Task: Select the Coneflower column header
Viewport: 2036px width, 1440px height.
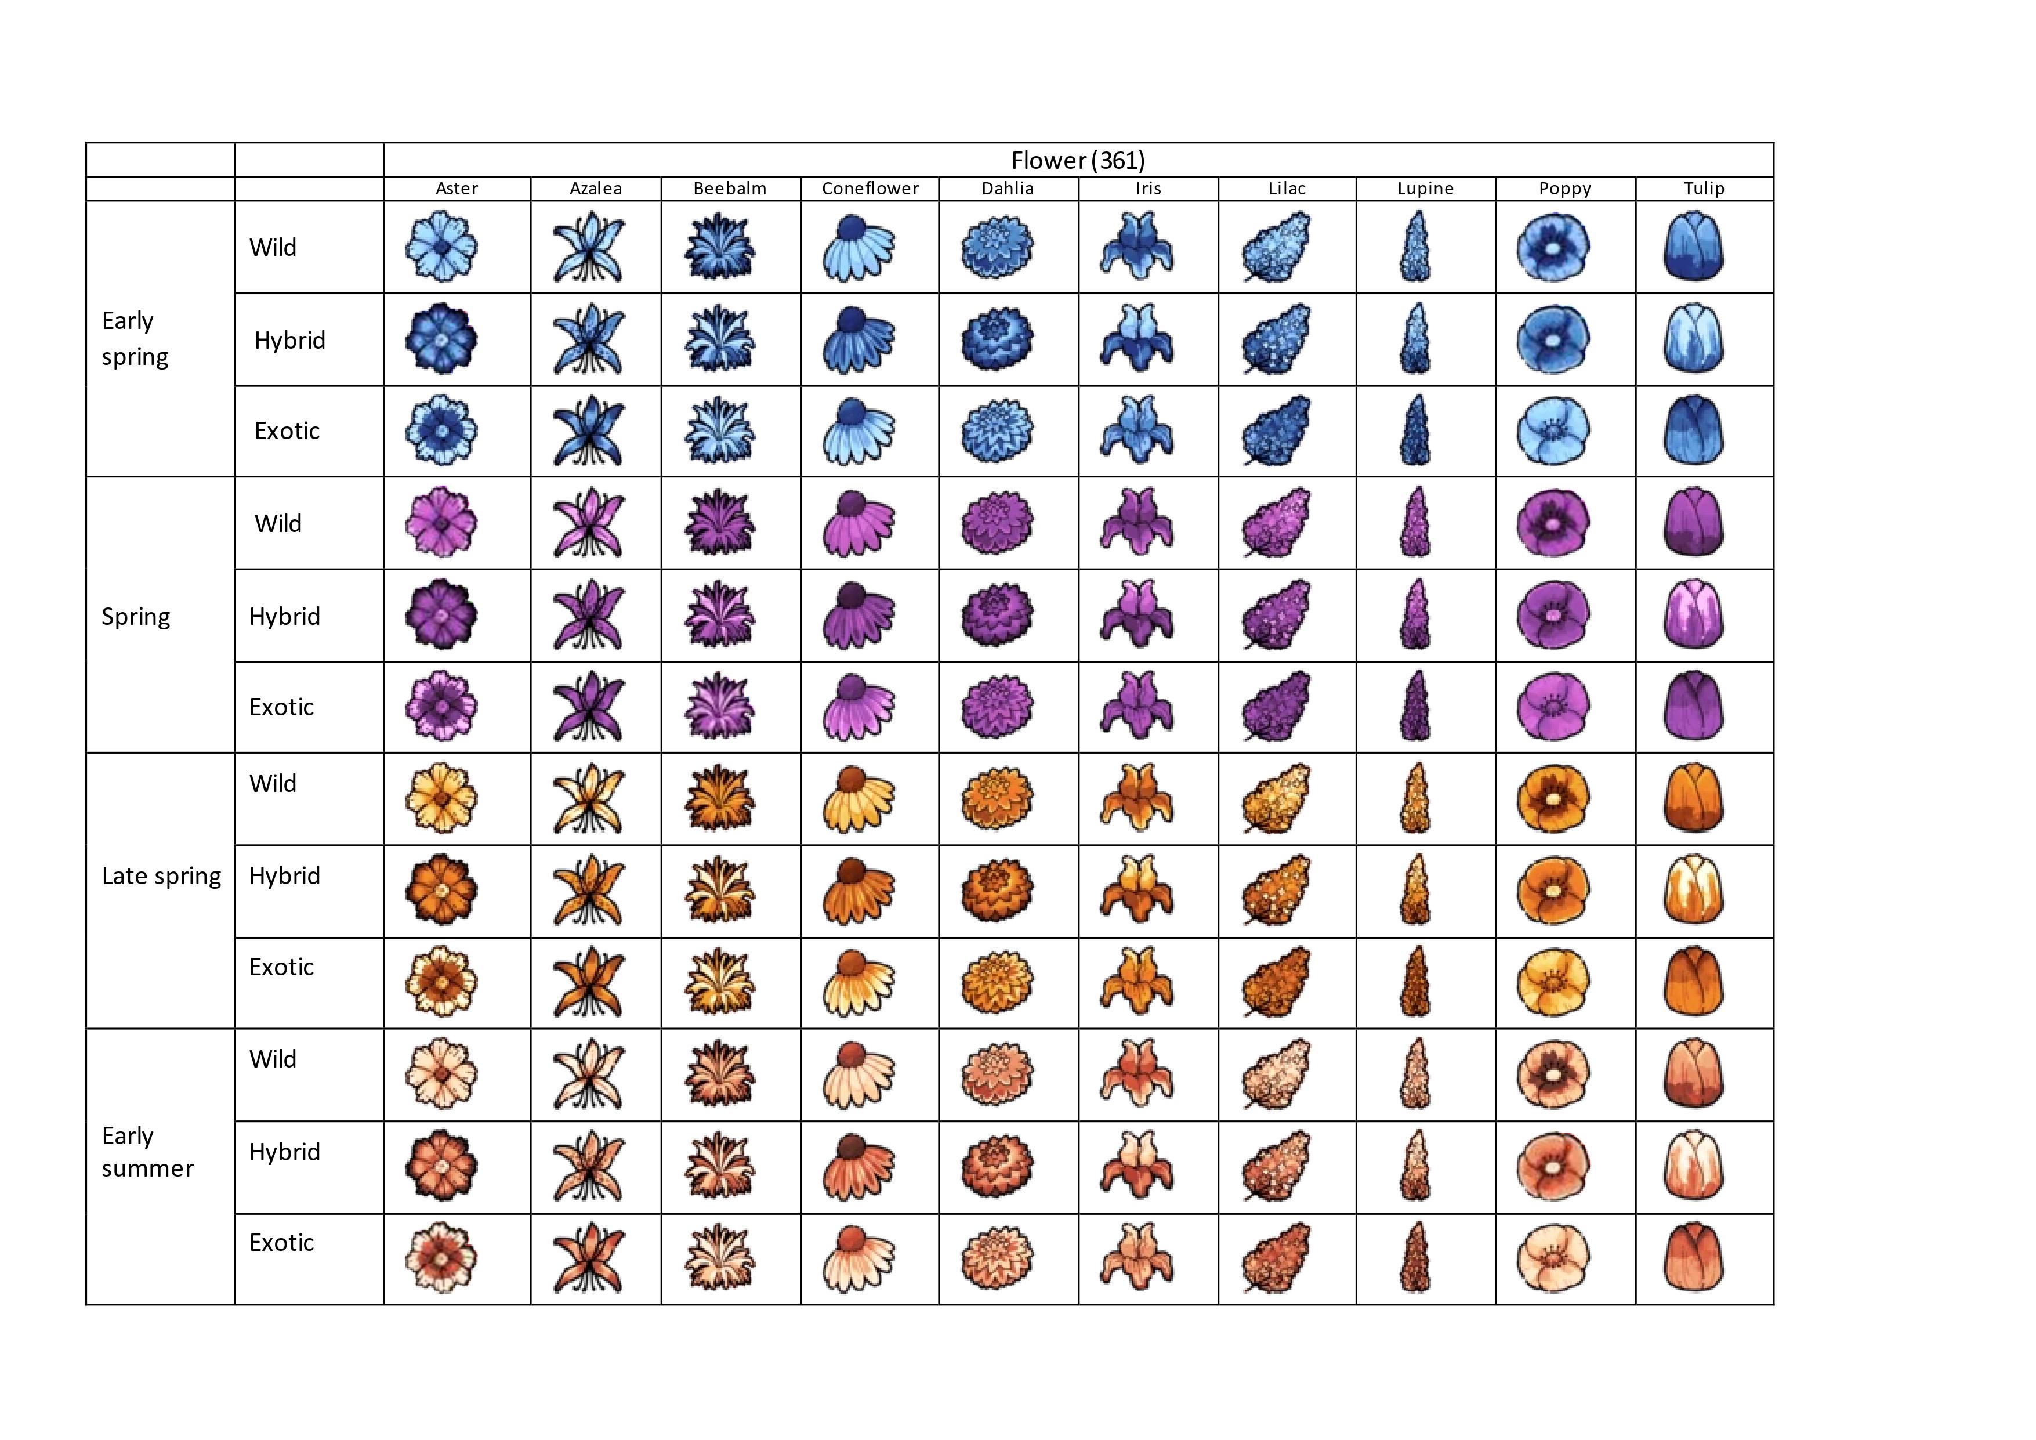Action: click(x=870, y=189)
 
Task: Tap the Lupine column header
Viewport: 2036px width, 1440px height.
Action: click(x=1425, y=189)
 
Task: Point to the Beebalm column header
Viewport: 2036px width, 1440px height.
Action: click(x=730, y=189)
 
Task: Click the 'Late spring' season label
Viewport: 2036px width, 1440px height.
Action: click(x=161, y=876)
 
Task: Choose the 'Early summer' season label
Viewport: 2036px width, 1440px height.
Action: click(x=147, y=1152)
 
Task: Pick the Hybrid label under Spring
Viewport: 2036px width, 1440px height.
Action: click(x=285, y=616)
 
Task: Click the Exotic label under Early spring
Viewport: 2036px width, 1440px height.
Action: click(x=287, y=431)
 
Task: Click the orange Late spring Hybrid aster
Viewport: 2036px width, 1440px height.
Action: click(x=441, y=889)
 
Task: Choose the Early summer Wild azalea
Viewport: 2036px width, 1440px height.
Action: click(x=589, y=1074)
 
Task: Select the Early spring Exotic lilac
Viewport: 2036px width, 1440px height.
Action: click(x=1276, y=431)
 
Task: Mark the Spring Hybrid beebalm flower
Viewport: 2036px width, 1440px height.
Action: click(x=720, y=614)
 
